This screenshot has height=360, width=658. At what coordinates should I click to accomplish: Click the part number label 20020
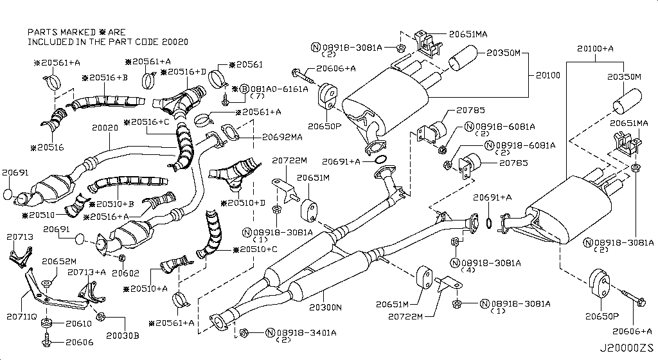(105, 128)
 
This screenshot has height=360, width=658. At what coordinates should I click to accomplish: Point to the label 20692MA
(282, 136)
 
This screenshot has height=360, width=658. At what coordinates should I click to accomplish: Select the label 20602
(124, 273)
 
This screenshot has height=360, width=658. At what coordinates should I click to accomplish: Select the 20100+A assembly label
(594, 48)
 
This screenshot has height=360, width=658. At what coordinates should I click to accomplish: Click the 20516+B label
(105, 78)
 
